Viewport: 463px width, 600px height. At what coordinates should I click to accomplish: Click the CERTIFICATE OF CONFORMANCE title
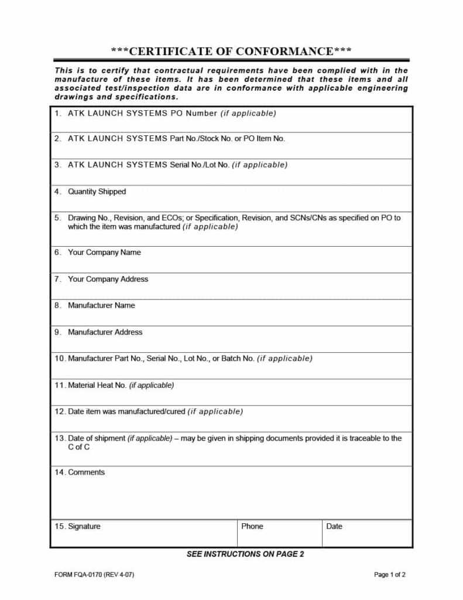click(x=231, y=51)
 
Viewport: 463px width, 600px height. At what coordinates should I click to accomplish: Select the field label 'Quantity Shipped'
click(x=97, y=192)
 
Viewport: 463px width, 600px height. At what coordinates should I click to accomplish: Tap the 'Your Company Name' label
click(x=104, y=253)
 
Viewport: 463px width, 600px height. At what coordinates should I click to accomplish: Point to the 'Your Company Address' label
click(x=108, y=279)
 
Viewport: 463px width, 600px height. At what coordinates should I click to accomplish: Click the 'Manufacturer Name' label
click(x=101, y=305)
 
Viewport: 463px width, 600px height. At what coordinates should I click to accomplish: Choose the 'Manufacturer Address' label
click(x=105, y=332)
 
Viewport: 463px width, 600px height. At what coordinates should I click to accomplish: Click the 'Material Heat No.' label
click(x=97, y=385)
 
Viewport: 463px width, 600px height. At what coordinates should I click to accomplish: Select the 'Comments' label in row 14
click(x=87, y=472)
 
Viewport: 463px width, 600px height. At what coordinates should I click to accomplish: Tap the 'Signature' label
click(x=84, y=526)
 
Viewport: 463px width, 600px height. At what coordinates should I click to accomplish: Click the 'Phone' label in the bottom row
click(x=252, y=526)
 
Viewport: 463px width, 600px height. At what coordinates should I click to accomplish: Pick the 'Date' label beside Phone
click(x=334, y=526)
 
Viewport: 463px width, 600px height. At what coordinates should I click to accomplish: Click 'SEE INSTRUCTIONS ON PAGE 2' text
click(x=245, y=554)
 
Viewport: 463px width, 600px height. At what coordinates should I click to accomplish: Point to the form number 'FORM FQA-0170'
click(x=78, y=575)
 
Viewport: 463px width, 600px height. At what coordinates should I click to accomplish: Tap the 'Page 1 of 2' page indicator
click(x=389, y=575)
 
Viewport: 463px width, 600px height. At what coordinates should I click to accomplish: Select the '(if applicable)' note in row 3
click(x=260, y=165)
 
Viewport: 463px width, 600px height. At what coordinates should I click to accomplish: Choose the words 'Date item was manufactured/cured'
click(x=126, y=411)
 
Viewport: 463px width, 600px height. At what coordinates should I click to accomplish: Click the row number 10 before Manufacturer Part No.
click(x=59, y=358)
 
